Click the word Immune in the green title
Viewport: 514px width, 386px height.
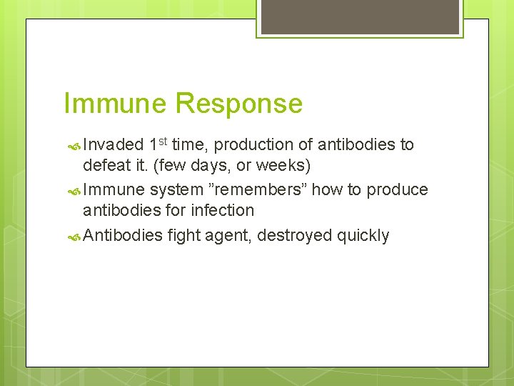click(x=116, y=104)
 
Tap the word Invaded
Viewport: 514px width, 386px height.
click(x=113, y=145)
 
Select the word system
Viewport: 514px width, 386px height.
click(x=173, y=189)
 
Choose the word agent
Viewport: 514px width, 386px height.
click(x=230, y=235)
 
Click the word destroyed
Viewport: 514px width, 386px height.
click(x=294, y=235)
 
